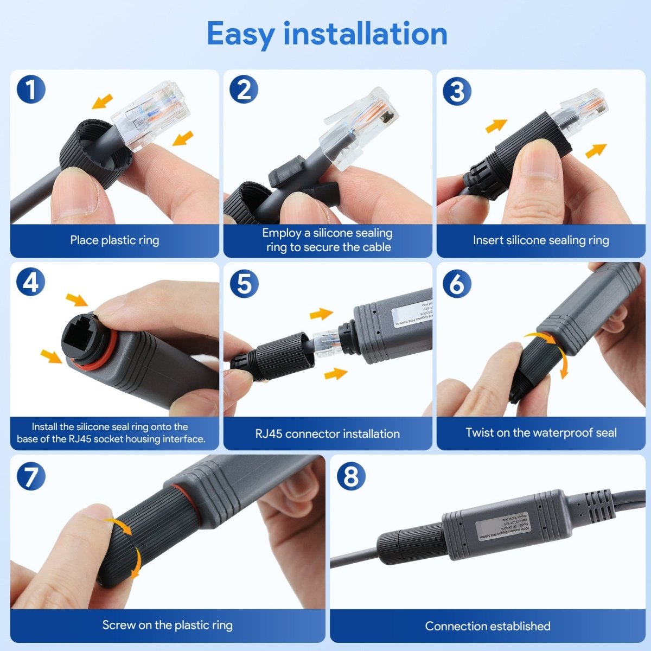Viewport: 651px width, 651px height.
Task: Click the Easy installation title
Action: point(327,34)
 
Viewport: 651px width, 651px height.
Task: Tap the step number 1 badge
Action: point(31,90)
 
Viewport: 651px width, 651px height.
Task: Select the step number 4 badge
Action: point(31,283)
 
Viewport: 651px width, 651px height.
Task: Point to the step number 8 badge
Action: point(351,476)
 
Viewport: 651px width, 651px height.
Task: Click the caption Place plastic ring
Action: point(114,240)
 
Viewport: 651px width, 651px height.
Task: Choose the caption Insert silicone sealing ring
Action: point(540,240)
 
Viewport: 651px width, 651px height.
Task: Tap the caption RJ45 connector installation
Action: point(327,434)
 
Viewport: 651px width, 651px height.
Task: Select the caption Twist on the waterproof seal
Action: point(541,433)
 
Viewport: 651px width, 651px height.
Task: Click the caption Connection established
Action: point(487,626)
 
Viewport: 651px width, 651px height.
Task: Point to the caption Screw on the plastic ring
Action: point(167,625)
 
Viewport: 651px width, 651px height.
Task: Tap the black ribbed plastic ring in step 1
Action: point(92,152)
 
